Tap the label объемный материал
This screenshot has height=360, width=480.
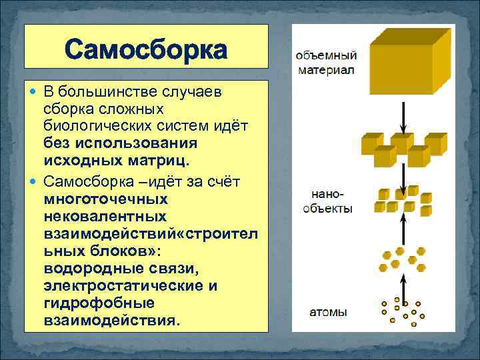coord(326,62)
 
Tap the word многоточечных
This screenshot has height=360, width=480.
coord(97,199)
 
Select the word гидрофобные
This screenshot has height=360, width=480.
coord(89,303)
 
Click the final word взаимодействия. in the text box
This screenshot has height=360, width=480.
coord(111,321)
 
